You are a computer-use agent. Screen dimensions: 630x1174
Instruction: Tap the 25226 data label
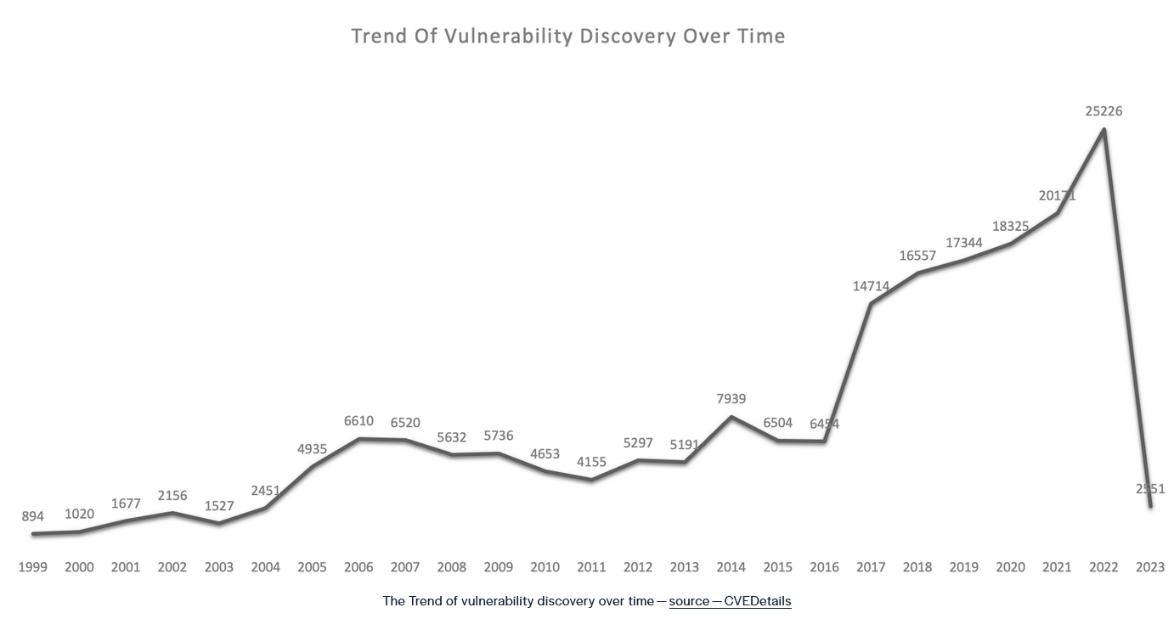pos(1103,111)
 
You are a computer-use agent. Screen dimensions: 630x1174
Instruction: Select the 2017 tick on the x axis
pos(871,567)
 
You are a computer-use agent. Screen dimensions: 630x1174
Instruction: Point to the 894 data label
pos(33,516)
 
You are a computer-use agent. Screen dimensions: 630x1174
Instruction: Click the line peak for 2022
pos(1103,130)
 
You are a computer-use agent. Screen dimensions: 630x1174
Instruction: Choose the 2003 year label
pos(218,567)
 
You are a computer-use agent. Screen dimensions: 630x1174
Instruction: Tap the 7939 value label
pos(731,399)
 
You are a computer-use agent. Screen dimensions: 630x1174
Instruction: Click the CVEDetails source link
pos(757,601)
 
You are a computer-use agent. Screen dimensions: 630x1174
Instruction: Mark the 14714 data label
pos(871,287)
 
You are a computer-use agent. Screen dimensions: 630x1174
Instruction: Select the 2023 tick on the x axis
pos(1150,567)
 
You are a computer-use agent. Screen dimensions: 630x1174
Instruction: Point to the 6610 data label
pos(358,421)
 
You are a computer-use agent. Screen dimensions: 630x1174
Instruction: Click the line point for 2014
pos(731,416)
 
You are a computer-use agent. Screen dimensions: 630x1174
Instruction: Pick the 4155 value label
pos(591,462)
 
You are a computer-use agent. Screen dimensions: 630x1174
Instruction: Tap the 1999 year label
pos(33,567)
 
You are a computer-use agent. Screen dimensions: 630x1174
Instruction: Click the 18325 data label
pos(1011,227)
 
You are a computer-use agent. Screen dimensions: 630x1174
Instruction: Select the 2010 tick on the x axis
pos(545,567)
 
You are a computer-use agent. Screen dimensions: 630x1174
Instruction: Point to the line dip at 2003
pos(218,523)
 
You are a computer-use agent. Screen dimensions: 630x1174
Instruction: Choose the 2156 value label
pos(172,496)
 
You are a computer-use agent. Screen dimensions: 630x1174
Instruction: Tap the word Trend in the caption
pos(426,601)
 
